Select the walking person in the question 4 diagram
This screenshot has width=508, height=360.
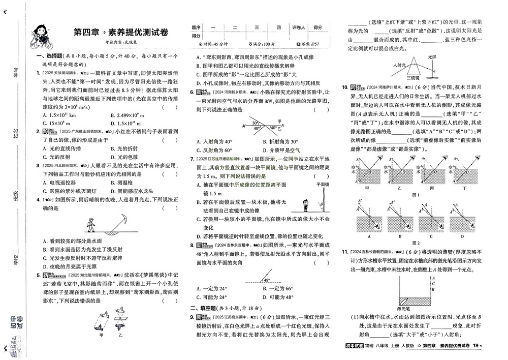(90, 224)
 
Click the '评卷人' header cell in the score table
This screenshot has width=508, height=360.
(298, 27)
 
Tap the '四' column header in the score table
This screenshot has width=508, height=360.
(279, 27)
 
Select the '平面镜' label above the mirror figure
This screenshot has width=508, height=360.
(323, 185)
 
